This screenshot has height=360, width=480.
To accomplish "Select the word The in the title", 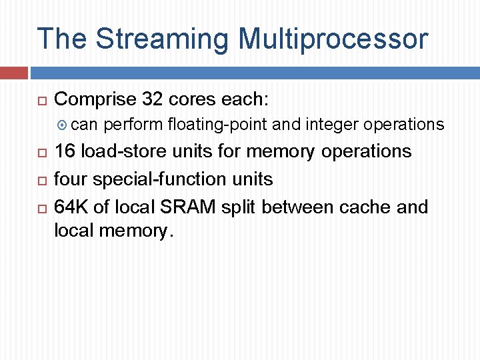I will tap(62, 39).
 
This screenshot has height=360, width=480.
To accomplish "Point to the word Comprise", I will tap(95, 99).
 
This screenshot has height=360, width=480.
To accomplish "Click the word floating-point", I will tap(217, 125).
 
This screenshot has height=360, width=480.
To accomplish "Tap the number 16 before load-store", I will tap(65, 151).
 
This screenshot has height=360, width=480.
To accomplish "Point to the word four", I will tap(71, 179).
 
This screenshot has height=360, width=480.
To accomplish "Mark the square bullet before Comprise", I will tap(41, 101).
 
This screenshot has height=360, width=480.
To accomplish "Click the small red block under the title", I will tap(13, 73).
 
